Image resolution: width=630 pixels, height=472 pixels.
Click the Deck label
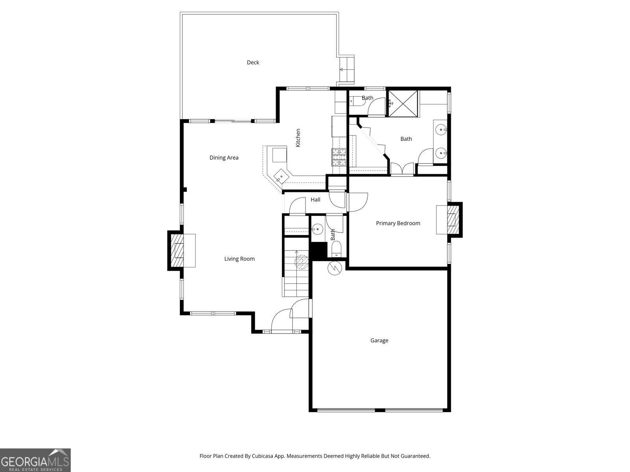[253, 62]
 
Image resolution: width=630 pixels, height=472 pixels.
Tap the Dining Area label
[224, 158]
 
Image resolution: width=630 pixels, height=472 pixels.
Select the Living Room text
[239, 259]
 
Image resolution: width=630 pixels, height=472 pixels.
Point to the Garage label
[379, 341]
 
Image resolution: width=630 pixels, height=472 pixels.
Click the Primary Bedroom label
[398, 223]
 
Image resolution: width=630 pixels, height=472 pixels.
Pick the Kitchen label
[298, 138]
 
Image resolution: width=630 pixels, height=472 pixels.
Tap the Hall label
[315, 200]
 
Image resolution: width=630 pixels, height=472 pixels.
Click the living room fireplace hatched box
[179, 251]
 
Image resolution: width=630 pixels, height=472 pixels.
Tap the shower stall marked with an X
[403, 103]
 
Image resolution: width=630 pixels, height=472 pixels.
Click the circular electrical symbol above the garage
[334, 268]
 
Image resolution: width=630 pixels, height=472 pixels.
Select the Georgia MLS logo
[35, 460]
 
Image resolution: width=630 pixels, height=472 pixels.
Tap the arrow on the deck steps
[341, 70]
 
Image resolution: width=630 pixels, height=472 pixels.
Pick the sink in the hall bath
[317, 228]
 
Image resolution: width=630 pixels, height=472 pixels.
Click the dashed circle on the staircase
[302, 261]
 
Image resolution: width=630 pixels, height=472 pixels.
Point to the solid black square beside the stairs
[319, 250]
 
